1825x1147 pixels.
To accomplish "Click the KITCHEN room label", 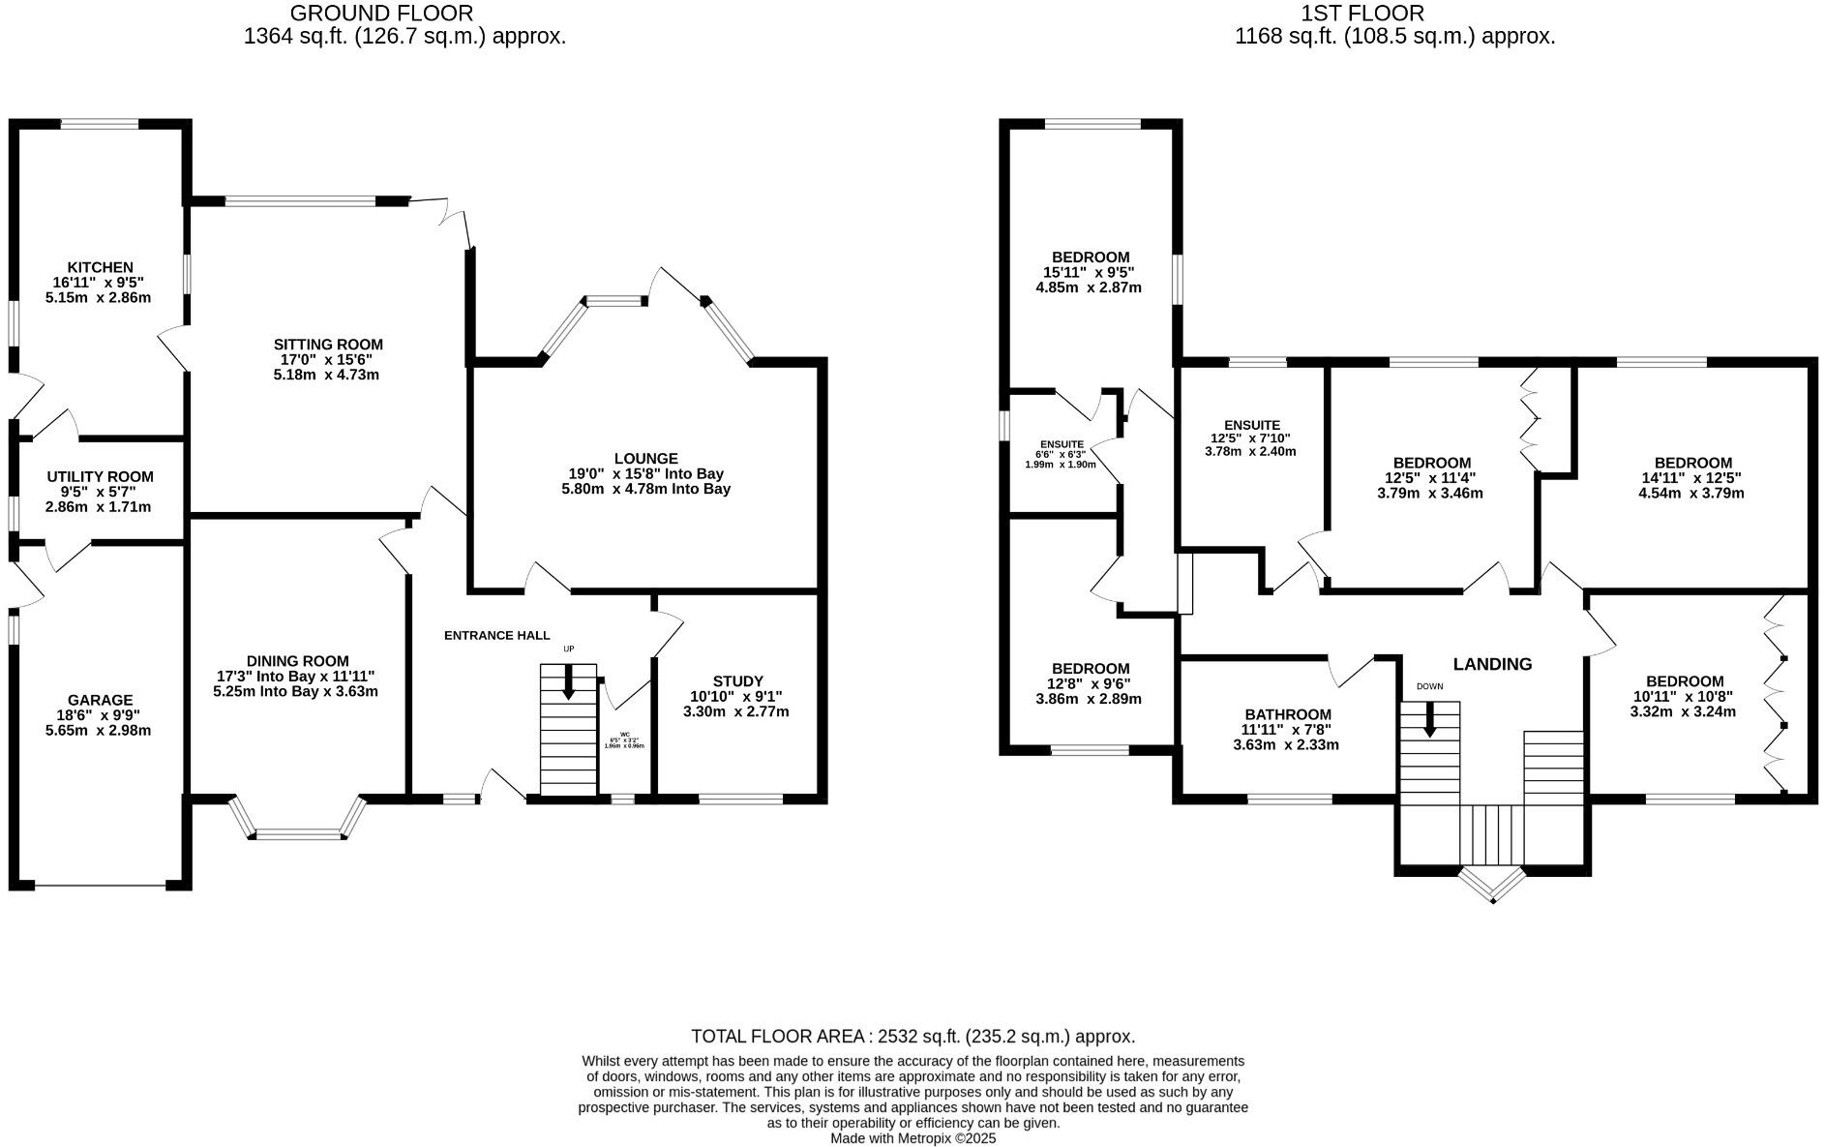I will (x=100, y=267).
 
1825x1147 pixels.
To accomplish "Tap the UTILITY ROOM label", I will (x=100, y=476).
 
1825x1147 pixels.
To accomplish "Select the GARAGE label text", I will (x=100, y=700).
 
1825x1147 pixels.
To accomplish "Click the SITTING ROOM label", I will (x=328, y=345).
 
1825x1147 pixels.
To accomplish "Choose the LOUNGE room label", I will (x=645, y=458).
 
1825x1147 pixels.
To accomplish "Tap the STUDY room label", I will (x=737, y=681).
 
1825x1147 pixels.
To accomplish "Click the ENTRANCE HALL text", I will (x=496, y=636).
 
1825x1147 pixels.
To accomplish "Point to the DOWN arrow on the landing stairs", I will (x=1429, y=721).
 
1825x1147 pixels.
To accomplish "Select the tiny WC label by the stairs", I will (x=624, y=735).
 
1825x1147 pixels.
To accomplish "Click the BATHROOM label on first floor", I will (x=1287, y=714).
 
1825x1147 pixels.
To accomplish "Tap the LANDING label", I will (x=1492, y=664).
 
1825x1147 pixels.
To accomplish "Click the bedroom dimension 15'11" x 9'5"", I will (x=1090, y=273).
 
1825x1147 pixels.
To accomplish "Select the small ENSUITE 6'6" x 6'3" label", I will (x=1062, y=444).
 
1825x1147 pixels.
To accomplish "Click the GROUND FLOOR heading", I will (x=381, y=14).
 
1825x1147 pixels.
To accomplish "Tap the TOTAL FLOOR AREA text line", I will (x=912, y=1037).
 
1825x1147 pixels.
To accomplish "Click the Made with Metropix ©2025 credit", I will (x=912, y=1139).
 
